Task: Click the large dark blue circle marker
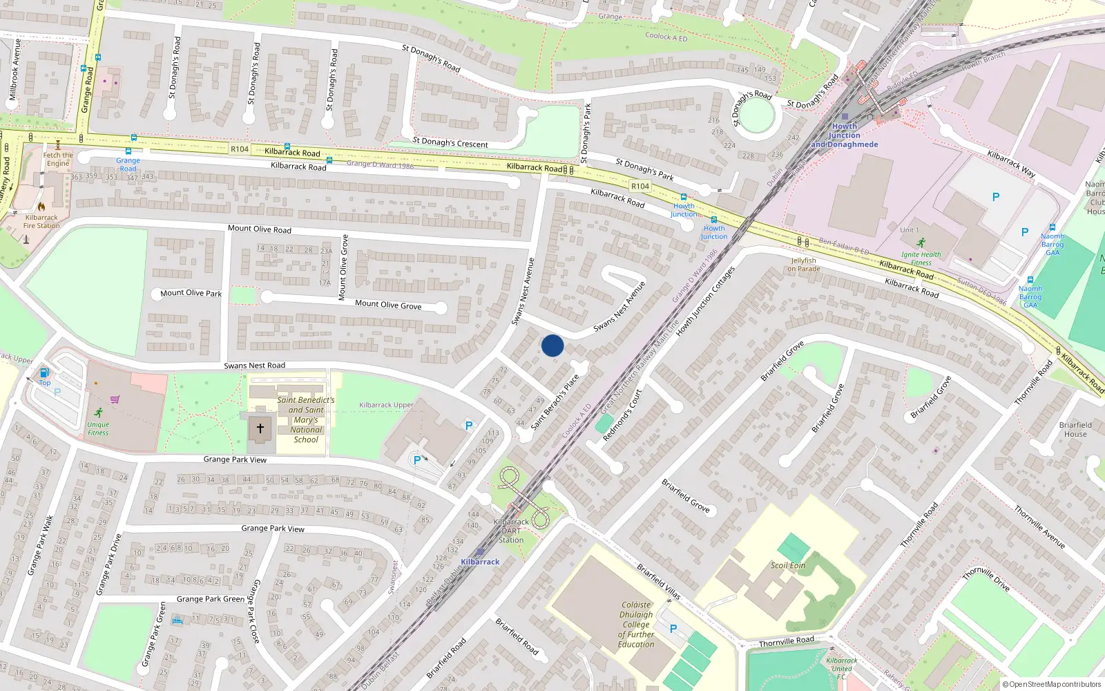coord(552,345)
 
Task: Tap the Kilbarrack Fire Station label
coord(41,221)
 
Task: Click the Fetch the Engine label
coord(58,160)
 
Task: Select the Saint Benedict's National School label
coord(306,419)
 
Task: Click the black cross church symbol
coord(260,428)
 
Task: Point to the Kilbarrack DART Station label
coord(511,531)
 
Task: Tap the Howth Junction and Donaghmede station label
coord(845,135)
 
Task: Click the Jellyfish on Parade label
coord(805,265)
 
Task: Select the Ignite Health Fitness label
coord(921,258)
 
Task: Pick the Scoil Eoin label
coord(788,565)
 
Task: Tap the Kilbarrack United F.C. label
coord(841,668)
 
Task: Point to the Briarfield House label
coord(1075,429)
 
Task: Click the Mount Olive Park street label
coord(191,293)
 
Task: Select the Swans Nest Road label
coord(254,366)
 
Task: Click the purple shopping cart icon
coord(115,399)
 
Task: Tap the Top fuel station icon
coord(44,373)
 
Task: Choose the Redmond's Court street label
coord(622,415)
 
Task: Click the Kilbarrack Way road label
coord(1011,164)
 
